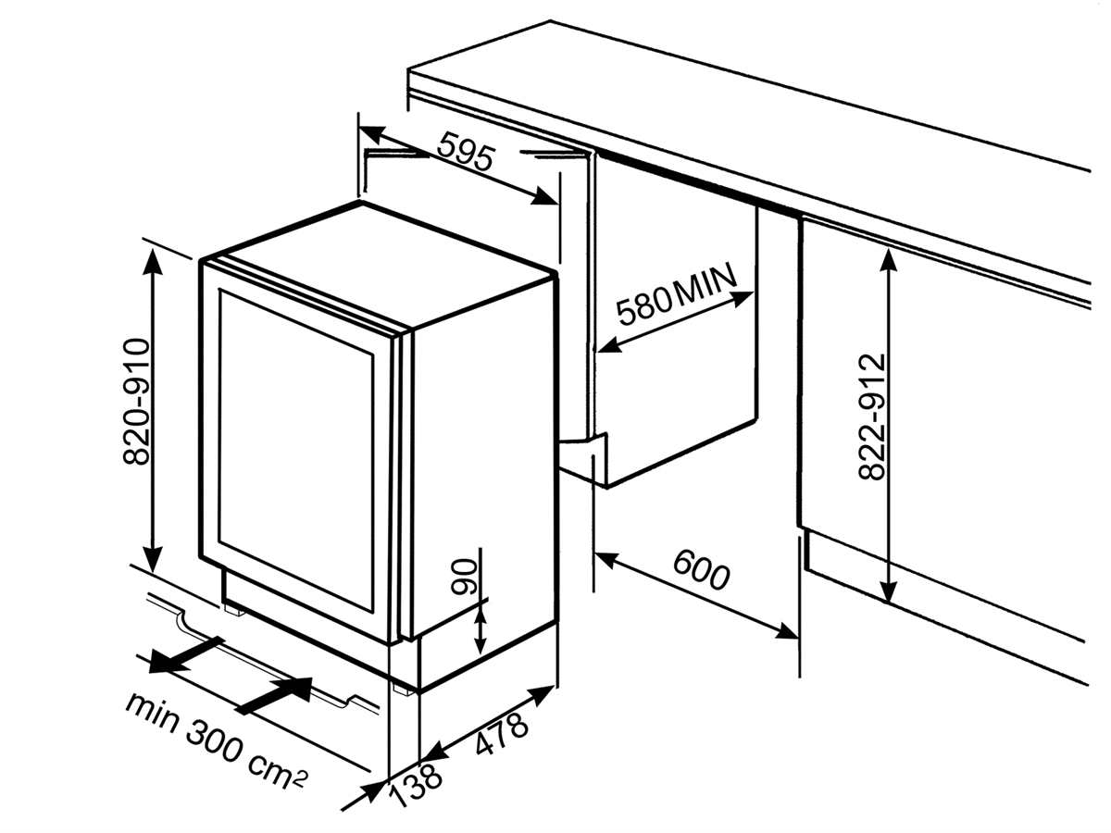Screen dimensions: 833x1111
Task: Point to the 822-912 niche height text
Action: (x=871, y=416)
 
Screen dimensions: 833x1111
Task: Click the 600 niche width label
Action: (x=701, y=570)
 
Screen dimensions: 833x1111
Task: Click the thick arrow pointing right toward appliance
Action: (x=276, y=694)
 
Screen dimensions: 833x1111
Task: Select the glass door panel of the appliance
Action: (x=296, y=454)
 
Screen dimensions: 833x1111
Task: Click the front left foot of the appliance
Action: (x=233, y=609)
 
